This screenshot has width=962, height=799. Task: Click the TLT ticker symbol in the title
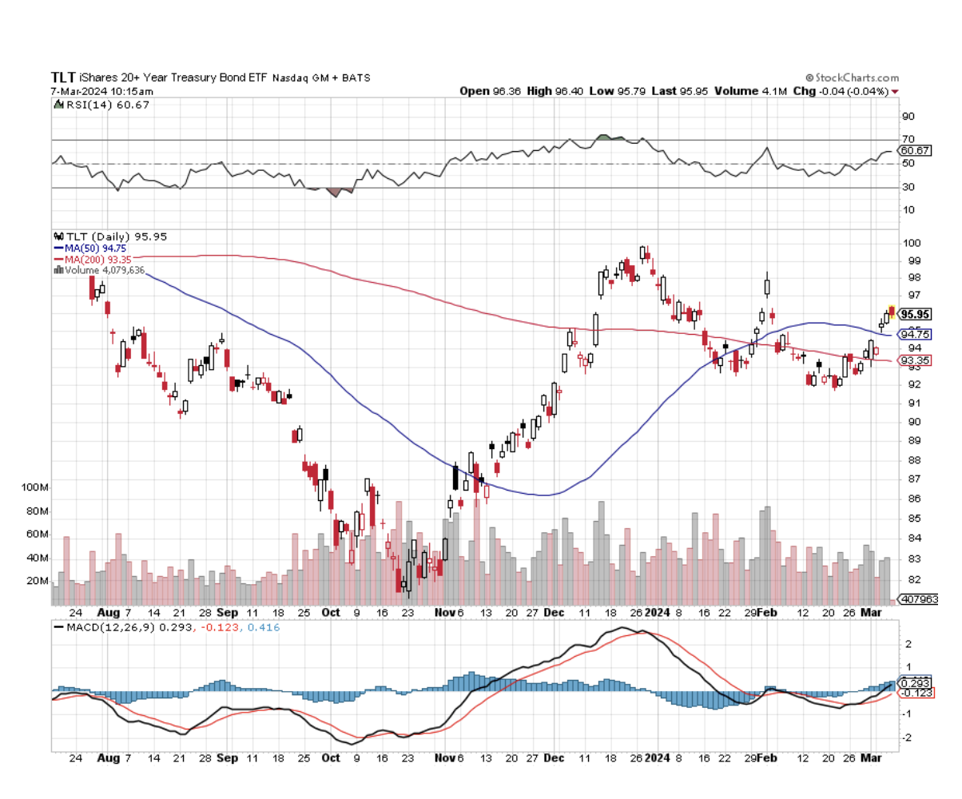point(63,78)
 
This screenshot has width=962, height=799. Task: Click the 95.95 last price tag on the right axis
point(914,314)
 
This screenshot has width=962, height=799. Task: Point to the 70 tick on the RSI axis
point(908,139)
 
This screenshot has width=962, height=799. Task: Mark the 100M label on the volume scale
point(34,487)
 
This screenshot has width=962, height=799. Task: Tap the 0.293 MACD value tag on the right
point(914,683)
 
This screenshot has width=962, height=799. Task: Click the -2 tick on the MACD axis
point(906,737)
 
